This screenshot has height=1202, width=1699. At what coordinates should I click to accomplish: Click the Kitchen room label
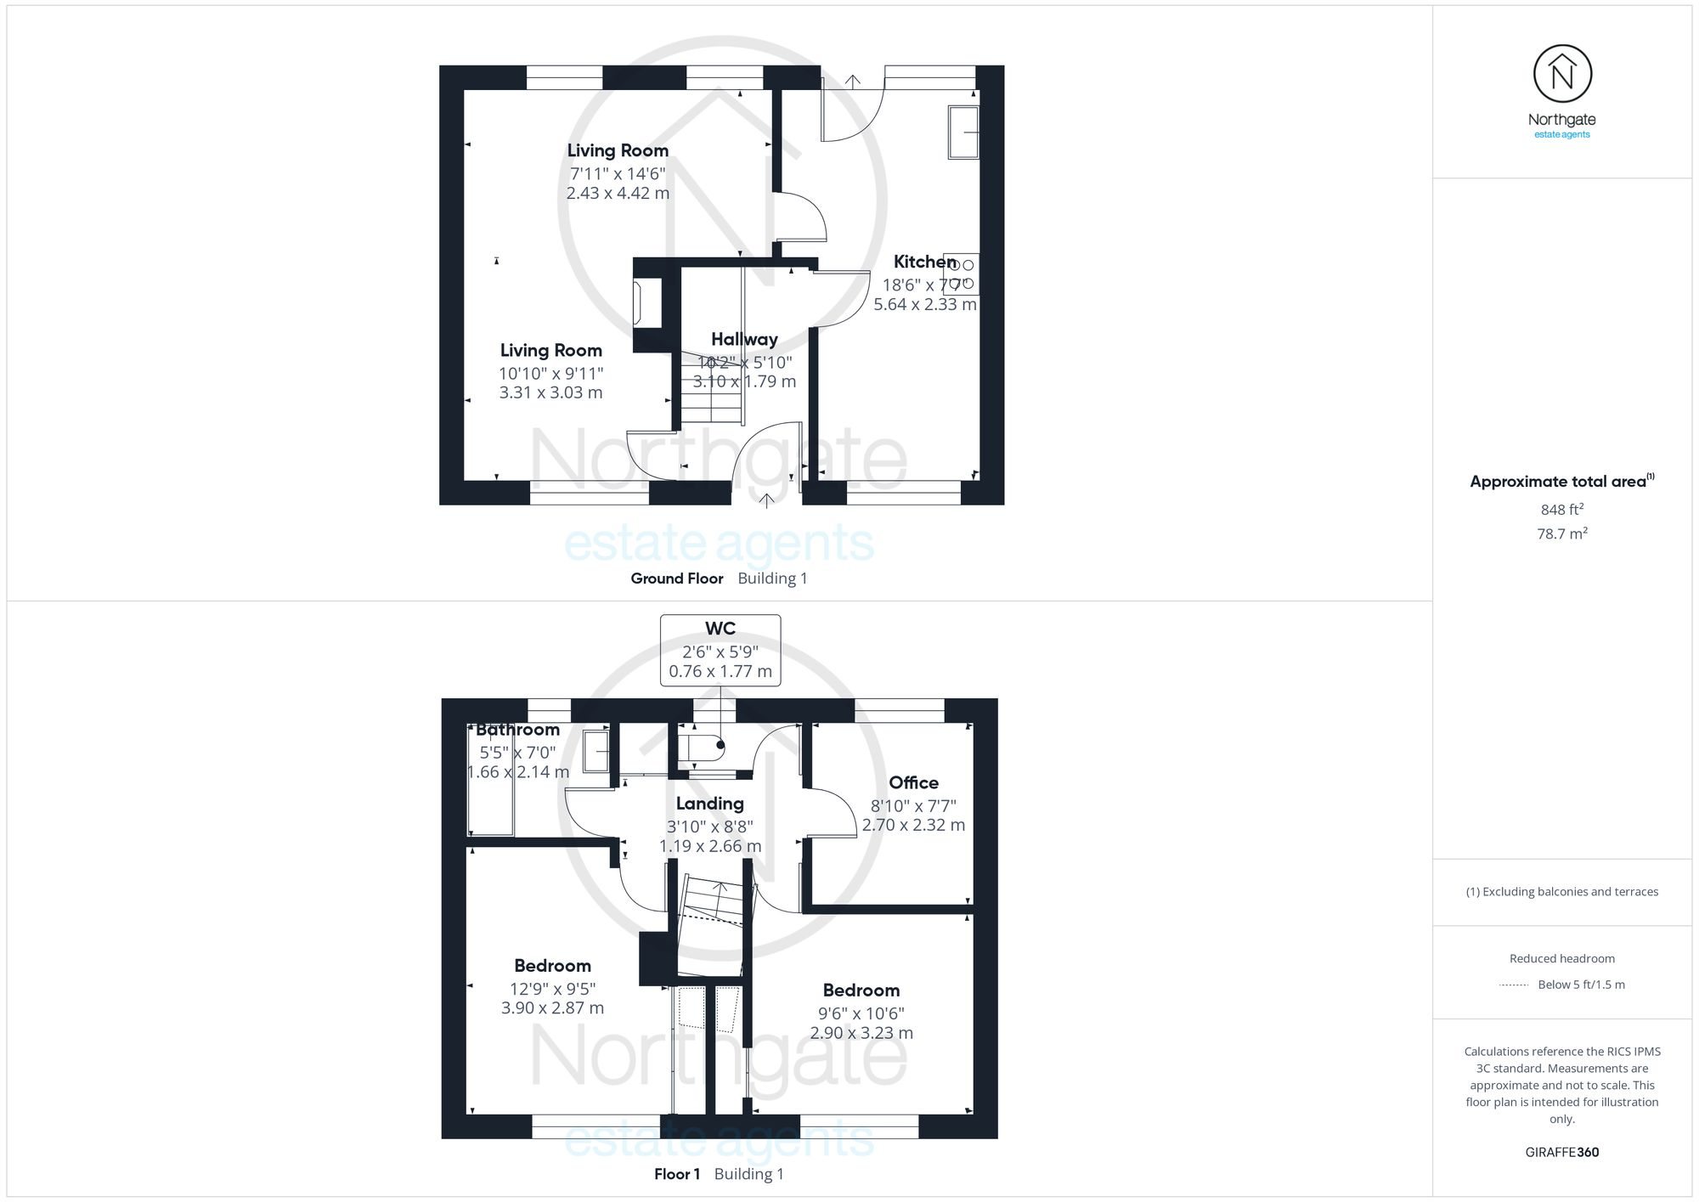pos(924,262)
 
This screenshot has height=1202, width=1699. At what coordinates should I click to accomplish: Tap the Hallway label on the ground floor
pos(744,339)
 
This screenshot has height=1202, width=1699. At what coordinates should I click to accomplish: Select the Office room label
pos(913,782)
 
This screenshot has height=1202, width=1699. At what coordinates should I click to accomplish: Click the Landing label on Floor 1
pos(709,804)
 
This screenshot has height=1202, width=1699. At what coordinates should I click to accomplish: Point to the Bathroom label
pos(517,730)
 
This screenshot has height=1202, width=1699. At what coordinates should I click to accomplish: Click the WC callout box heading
pos(720,629)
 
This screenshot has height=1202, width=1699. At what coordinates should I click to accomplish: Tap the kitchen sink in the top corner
pos(963,132)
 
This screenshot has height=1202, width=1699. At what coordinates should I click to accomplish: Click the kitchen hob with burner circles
pos(962,274)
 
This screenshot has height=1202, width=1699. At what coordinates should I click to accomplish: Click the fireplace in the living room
pos(647,304)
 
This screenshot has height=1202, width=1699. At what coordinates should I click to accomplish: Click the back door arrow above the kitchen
pos(853,81)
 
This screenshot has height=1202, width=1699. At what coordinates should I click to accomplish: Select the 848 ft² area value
pos(1561,510)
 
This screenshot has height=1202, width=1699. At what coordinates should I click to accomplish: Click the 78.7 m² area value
pos(1561,533)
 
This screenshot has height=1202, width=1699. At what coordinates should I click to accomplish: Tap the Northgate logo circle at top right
pos(1561,75)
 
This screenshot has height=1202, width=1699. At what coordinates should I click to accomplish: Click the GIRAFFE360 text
pos(1561,1153)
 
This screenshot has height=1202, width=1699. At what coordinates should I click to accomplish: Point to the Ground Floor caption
pos(676,578)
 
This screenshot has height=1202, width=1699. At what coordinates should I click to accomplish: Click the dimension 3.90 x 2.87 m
pos(552,1008)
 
